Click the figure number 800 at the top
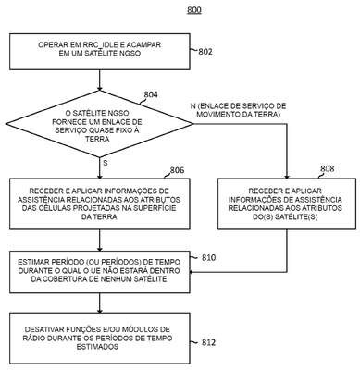pos(194,10)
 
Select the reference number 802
pos(205,52)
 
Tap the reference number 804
pos(151,94)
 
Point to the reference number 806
pos(177,170)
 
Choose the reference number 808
pos(327,168)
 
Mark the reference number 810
pos(208,257)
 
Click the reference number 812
pos(208,342)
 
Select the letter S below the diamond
pos(106,163)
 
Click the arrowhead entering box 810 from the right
pos(192,272)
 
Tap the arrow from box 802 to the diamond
pos(99,80)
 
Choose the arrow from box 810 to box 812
pos(99,302)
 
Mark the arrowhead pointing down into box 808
pos(287,176)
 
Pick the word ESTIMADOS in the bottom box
pos(97,347)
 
